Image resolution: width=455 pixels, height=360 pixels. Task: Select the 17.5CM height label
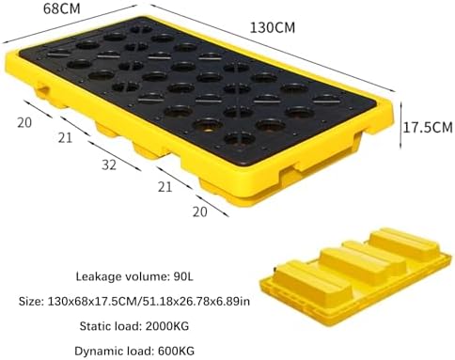point(428,126)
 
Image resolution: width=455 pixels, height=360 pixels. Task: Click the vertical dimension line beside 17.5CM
point(400,126)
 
